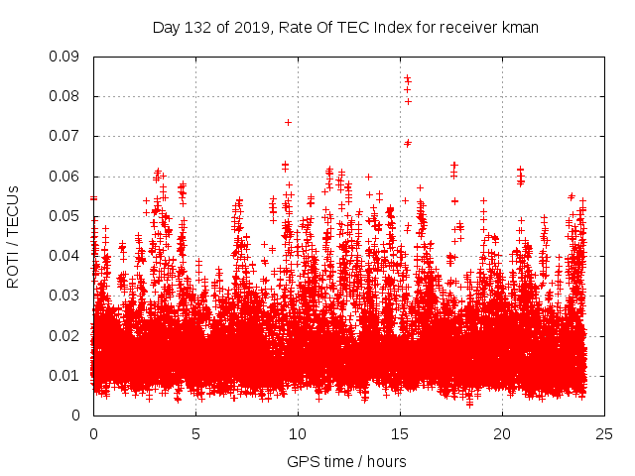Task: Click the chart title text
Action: coord(345,28)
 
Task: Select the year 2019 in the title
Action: coord(252,28)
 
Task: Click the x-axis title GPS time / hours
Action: coord(345,462)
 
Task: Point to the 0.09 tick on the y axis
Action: coord(68,57)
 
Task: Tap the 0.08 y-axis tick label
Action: coord(68,96)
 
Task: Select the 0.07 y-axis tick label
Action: coord(68,136)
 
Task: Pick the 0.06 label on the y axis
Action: coord(68,177)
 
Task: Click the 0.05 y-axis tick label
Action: coord(68,216)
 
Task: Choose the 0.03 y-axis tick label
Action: coord(68,296)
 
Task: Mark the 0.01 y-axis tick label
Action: coord(68,375)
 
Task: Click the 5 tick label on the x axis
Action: coord(195,433)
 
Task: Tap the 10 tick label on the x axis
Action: coord(298,433)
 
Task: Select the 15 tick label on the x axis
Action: coord(400,433)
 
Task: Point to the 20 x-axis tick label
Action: coord(502,433)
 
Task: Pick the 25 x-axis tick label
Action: coord(604,433)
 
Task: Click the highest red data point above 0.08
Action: coord(407,77)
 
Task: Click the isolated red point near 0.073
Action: coord(288,122)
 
